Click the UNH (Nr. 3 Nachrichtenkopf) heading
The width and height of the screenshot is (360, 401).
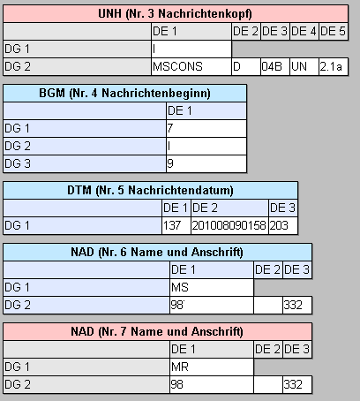(x=175, y=13)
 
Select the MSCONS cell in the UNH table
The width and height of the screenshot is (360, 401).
(x=191, y=66)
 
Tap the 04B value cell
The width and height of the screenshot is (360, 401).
(x=275, y=66)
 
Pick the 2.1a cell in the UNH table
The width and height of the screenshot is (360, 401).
(x=334, y=66)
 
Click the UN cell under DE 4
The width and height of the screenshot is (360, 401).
(x=304, y=66)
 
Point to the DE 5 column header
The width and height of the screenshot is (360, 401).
(x=334, y=31)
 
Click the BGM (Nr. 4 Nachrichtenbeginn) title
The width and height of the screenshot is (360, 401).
(x=124, y=93)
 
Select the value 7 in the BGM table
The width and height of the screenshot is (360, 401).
(x=206, y=128)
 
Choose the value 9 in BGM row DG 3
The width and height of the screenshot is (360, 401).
(x=206, y=163)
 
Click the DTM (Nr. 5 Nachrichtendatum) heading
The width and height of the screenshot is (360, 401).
(x=150, y=190)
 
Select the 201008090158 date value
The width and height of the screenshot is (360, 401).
(x=229, y=225)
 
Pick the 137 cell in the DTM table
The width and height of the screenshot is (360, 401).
(x=176, y=225)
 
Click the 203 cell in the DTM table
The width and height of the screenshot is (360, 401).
(x=283, y=225)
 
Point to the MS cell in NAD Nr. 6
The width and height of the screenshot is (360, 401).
(x=212, y=287)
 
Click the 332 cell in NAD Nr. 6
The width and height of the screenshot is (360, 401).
(x=297, y=305)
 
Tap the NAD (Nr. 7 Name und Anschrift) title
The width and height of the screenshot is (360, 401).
(x=157, y=331)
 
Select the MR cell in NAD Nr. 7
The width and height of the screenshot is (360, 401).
(x=212, y=367)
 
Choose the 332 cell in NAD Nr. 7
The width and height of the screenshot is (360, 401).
(x=297, y=384)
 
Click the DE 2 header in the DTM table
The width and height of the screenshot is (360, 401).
(x=229, y=208)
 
